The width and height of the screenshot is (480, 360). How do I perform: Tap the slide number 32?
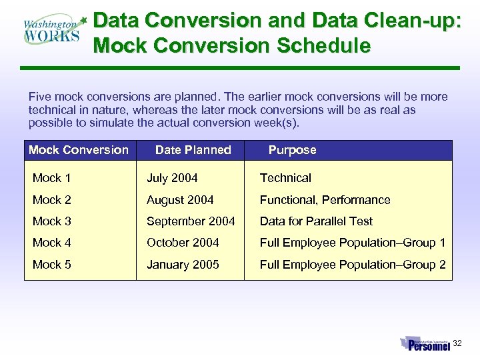pyautogui.click(x=457, y=343)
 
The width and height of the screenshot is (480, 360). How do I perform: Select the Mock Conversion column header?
pyautogui.click(x=79, y=150)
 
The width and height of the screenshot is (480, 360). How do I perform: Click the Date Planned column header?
pyautogui.click(x=193, y=150)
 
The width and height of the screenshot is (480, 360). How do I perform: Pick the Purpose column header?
pyautogui.click(x=292, y=150)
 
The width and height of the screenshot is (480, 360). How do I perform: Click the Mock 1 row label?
pyautogui.click(x=52, y=178)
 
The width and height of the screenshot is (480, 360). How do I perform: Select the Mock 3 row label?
pyautogui.click(x=52, y=221)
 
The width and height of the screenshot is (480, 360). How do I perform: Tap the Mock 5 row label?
pyautogui.click(x=52, y=265)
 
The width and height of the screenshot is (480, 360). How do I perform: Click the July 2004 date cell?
pyautogui.click(x=172, y=178)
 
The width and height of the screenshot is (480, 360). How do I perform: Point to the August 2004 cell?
pyautogui.click(x=180, y=200)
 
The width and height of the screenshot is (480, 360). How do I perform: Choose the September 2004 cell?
pyautogui.click(x=191, y=221)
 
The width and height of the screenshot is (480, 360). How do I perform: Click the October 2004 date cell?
pyautogui.click(x=183, y=243)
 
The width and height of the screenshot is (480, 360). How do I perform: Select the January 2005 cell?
pyautogui.click(x=183, y=265)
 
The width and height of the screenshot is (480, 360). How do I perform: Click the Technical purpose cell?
pyautogui.click(x=285, y=178)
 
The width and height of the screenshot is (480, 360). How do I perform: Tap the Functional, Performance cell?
pyautogui.click(x=325, y=200)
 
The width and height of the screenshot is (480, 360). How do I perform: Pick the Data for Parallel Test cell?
pyautogui.click(x=316, y=221)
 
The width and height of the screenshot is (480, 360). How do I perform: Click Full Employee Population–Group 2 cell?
pyautogui.click(x=353, y=265)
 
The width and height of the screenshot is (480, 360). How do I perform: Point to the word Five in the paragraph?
pyautogui.click(x=39, y=97)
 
